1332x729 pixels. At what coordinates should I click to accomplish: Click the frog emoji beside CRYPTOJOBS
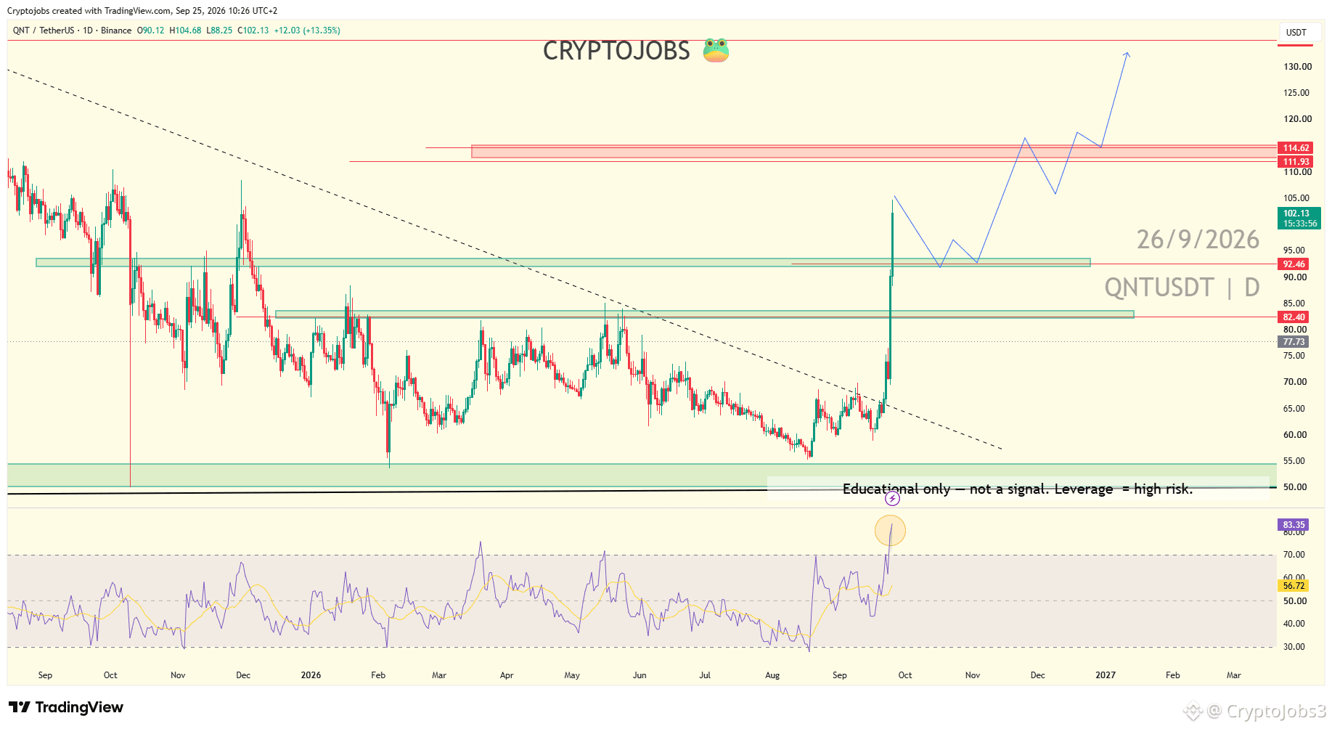(x=716, y=50)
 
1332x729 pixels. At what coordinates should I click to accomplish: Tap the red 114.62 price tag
(x=1296, y=148)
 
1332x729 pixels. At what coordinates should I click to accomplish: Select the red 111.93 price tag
(x=1296, y=162)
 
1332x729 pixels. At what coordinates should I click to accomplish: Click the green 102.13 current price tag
(x=1299, y=218)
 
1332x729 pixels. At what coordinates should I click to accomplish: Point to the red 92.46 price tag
(x=1294, y=264)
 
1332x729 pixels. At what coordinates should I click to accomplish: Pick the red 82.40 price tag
(x=1294, y=317)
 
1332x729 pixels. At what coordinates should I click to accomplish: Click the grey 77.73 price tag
(x=1294, y=342)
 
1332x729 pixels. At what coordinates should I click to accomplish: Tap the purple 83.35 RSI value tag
(x=1294, y=525)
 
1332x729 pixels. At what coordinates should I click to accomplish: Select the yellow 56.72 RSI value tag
(x=1294, y=586)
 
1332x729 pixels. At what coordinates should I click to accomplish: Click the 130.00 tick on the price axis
(x=1297, y=67)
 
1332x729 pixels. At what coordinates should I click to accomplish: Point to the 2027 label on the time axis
(x=1106, y=675)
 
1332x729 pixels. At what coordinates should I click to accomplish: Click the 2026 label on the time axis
(x=311, y=675)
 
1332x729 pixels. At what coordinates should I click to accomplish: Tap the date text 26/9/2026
(x=1198, y=240)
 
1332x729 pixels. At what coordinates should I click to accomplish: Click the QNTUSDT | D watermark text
(x=1182, y=288)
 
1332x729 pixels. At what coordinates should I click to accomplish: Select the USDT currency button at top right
(x=1296, y=33)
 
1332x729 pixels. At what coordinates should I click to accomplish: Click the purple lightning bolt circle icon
(x=892, y=499)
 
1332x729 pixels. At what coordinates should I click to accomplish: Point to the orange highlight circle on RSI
(x=890, y=531)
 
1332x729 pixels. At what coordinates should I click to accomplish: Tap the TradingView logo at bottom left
(x=66, y=707)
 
